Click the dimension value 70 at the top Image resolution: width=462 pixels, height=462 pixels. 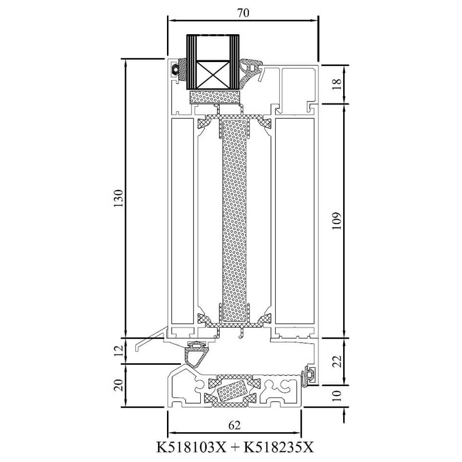coord(243,13)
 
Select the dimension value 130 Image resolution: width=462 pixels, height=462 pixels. coord(118,198)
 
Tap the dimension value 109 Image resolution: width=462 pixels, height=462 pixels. coord(337,221)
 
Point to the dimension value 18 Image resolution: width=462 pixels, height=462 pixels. coord(338,84)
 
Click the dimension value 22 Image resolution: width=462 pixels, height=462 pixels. coord(338,361)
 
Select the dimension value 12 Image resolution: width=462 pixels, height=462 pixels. coord(118,351)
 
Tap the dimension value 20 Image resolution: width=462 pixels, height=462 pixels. coord(118,385)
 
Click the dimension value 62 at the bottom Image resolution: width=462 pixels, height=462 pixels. coord(234,425)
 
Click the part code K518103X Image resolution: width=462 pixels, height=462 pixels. coord(191,447)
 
